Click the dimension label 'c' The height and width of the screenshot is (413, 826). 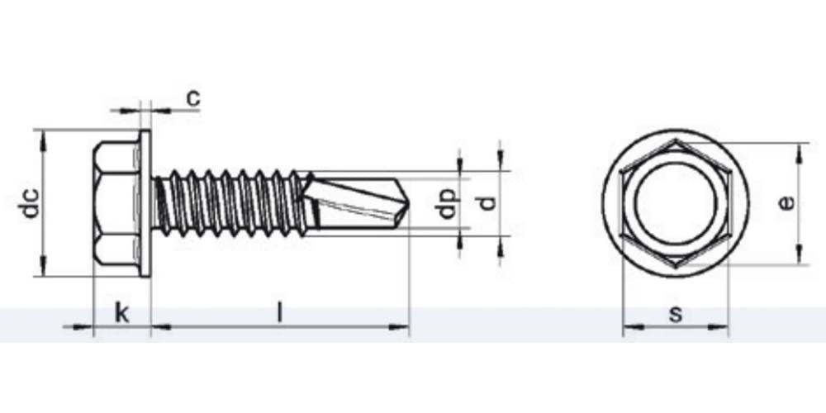[192, 98]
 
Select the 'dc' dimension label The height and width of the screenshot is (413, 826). [31, 203]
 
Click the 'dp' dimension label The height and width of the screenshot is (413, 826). [448, 203]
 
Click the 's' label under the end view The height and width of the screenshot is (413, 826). [676, 314]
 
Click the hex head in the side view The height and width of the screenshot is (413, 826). [116, 203]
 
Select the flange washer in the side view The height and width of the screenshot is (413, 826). [145, 203]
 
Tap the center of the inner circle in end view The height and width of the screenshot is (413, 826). [676, 203]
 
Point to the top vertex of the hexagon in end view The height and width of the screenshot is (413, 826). [676, 141]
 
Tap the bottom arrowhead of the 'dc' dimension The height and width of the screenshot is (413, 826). [41, 270]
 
